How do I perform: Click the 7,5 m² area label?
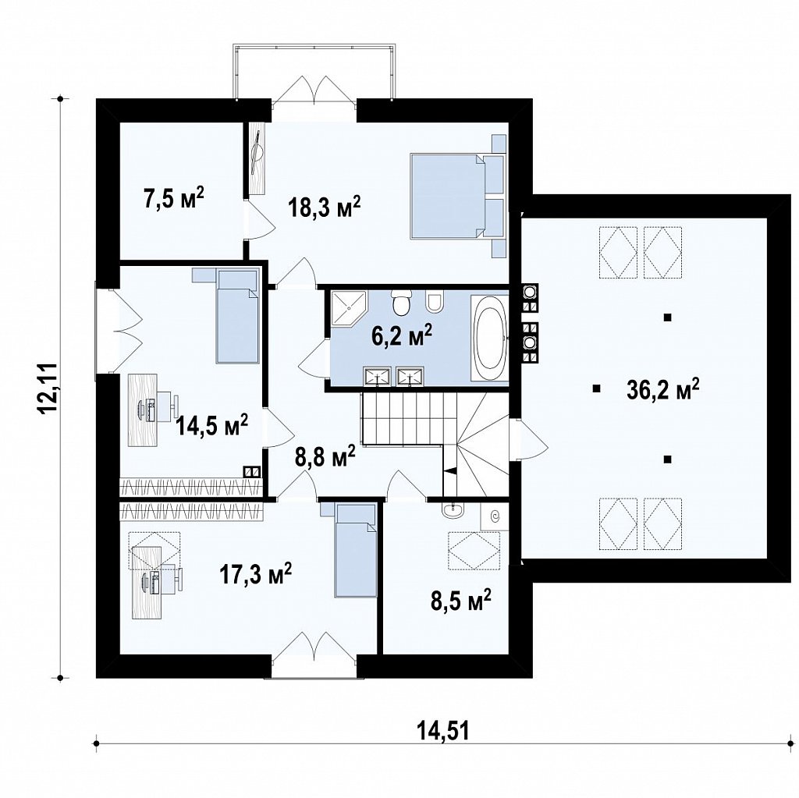[174, 197]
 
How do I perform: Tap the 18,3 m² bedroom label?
[324, 207]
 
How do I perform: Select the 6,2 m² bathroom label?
[402, 335]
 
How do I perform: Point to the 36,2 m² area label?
[662, 390]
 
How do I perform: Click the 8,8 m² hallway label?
[325, 456]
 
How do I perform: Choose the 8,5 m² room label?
[460, 601]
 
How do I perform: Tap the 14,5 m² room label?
[212, 425]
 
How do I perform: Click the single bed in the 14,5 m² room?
[237, 317]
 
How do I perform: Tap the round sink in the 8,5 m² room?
[453, 510]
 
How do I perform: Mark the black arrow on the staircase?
[450, 471]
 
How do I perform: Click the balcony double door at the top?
[314, 90]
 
